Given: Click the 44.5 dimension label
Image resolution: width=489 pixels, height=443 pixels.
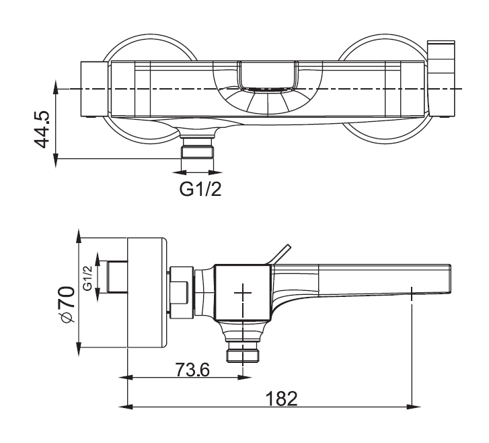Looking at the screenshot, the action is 42,129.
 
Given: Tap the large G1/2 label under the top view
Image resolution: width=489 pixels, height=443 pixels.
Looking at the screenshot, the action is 200,189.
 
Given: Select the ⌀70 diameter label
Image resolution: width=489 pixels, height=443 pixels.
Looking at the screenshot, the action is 67,304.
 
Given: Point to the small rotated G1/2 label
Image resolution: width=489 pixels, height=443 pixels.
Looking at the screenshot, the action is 87,278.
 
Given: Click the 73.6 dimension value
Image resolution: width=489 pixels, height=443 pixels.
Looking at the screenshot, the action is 192,370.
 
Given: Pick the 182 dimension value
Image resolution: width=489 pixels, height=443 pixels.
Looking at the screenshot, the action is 281,399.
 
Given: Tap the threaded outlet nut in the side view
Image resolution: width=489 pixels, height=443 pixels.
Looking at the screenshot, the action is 243,351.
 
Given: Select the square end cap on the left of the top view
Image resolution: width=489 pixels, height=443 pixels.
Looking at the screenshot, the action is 94,90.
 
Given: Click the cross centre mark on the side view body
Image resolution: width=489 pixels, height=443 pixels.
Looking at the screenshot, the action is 243,292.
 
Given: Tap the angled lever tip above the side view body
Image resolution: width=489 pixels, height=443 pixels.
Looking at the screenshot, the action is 289,246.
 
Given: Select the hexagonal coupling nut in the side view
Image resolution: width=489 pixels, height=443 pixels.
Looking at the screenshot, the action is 182,292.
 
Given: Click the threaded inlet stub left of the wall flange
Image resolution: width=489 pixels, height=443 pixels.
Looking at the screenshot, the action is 118,277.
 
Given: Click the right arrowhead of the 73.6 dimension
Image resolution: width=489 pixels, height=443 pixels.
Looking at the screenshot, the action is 245,378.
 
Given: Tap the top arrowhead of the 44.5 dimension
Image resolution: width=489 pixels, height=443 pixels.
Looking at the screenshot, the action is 56,87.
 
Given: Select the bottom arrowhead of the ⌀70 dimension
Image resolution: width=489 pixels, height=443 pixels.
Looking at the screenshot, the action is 79,349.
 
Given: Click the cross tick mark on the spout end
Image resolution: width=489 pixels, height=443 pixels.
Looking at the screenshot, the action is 412,294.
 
